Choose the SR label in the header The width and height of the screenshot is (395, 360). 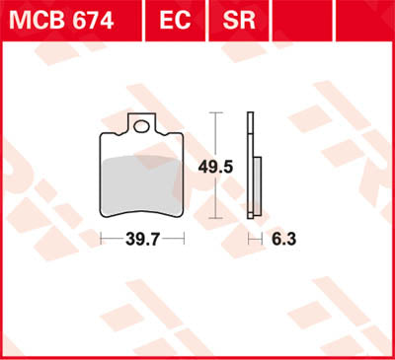(232, 20)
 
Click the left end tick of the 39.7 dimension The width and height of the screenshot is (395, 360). (102, 239)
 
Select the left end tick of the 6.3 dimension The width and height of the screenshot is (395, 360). (248, 239)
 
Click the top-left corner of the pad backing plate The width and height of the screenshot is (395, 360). (105, 134)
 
